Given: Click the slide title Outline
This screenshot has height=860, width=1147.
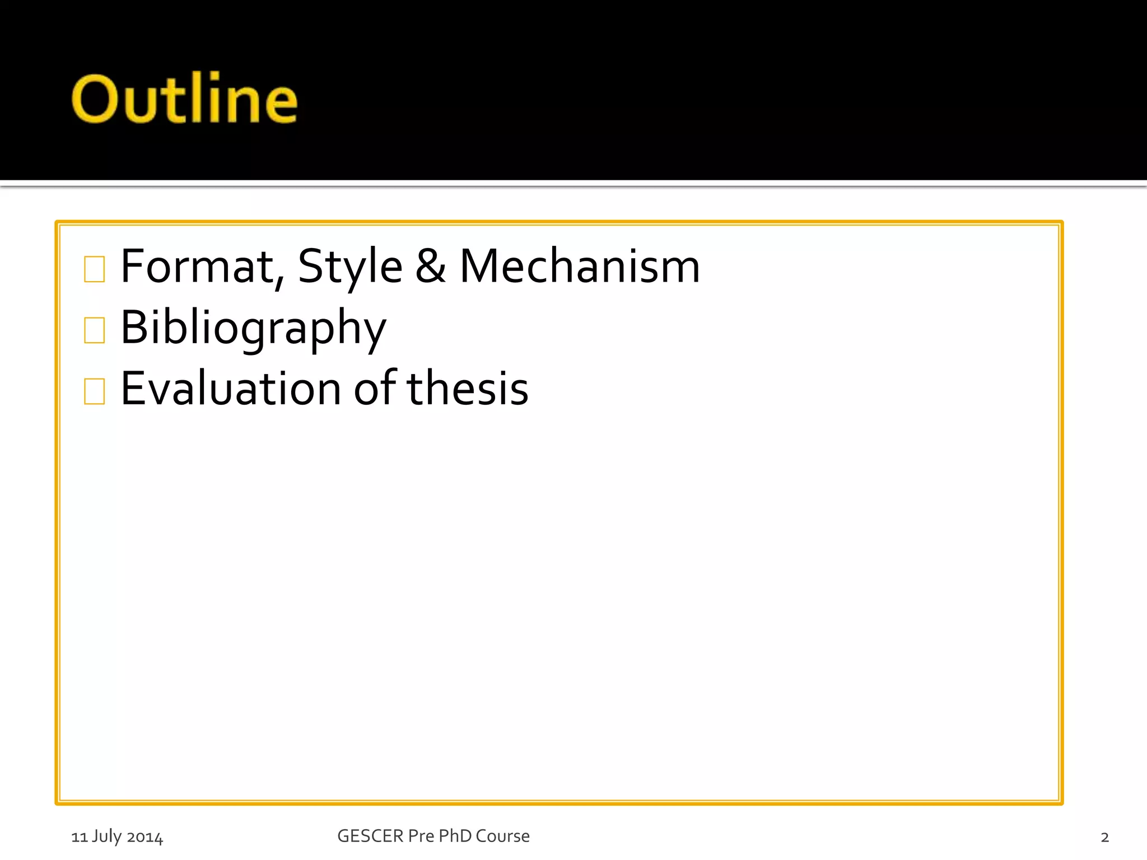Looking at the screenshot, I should (x=184, y=99).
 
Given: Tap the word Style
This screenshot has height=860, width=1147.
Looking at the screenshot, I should (x=350, y=267).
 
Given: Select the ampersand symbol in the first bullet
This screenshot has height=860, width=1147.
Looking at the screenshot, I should (x=431, y=267).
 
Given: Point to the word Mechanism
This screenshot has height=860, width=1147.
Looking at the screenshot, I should (x=580, y=267).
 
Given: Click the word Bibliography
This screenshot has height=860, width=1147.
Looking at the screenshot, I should (x=253, y=328).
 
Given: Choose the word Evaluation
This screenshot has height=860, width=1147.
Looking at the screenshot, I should (x=231, y=389).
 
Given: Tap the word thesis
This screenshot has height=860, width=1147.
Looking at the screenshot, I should (x=468, y=389).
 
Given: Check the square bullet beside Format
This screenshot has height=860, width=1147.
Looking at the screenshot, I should (x=94, y=269).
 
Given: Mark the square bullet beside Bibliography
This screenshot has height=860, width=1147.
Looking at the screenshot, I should (x=94, y=330).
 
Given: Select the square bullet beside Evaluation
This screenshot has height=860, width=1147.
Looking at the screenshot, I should (x=94, y=391).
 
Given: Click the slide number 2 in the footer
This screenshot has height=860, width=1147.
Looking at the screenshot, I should (x=1104, y=837).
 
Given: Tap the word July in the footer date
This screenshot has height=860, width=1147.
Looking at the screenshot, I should (x=106, y=836).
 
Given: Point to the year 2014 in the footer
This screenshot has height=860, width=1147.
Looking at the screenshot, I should (x=145, y=837).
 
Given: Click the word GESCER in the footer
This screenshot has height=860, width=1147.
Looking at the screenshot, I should (x=370, y=836).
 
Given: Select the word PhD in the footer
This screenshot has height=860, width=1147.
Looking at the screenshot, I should (x=455, y=836).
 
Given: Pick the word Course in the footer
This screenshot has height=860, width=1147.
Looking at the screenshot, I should (x=502, y=836).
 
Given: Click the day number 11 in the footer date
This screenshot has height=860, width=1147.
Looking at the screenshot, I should (x=79, y=837).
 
